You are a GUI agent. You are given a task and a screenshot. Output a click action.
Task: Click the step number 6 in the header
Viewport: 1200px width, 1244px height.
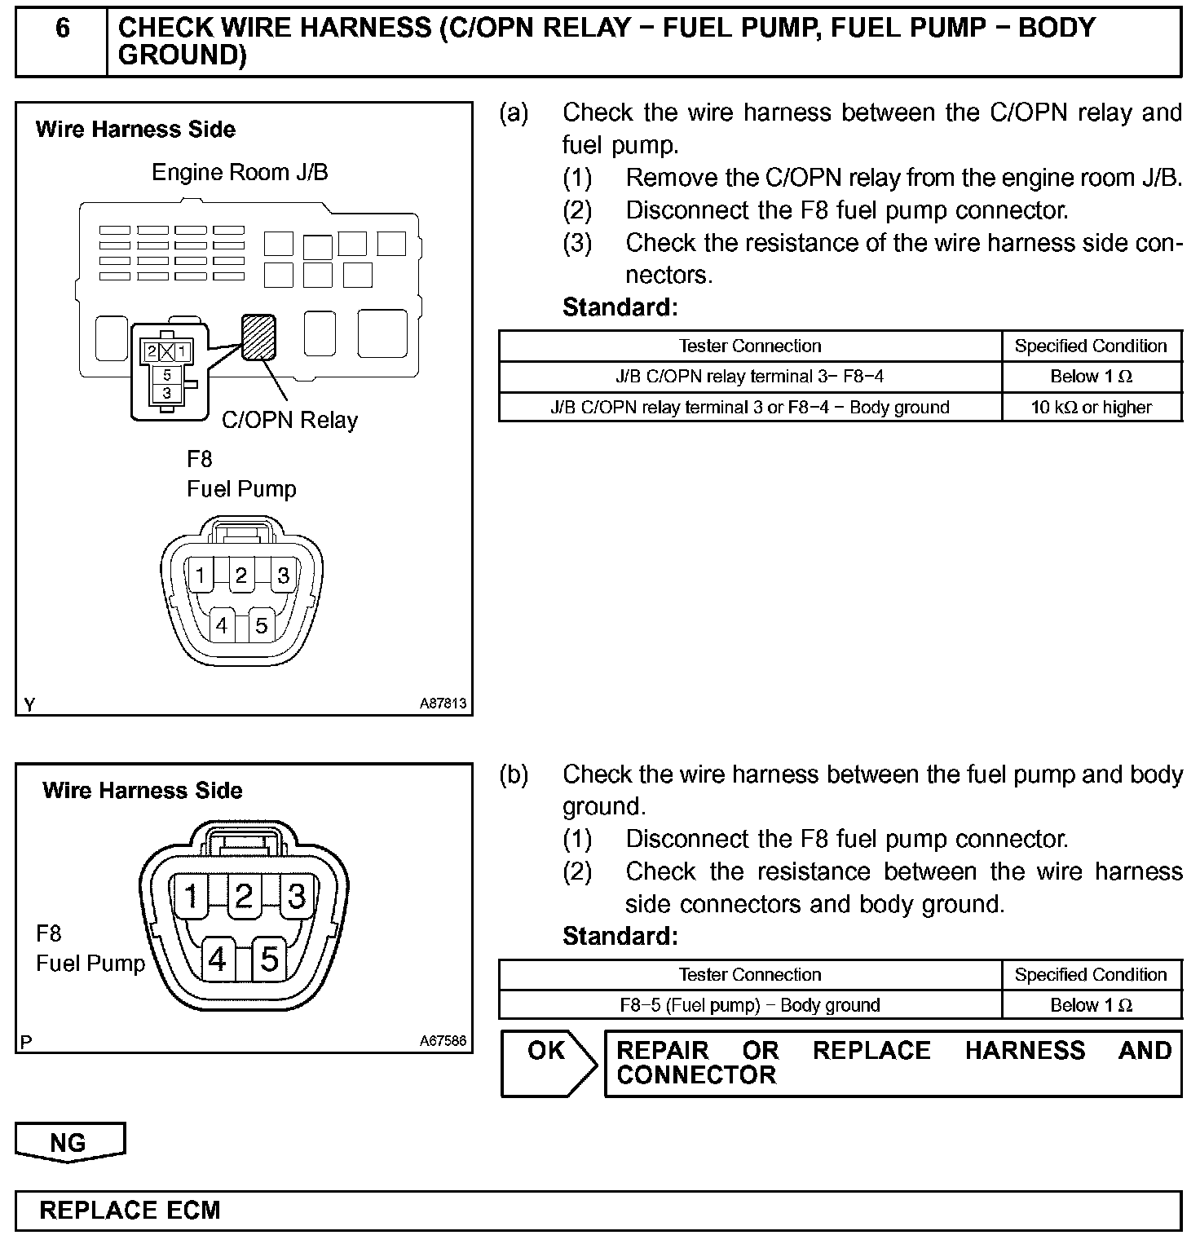62,29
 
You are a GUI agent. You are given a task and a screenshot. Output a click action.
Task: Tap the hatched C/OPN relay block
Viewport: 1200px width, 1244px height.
258,337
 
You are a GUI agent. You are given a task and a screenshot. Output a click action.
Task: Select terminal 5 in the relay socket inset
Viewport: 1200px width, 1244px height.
167,375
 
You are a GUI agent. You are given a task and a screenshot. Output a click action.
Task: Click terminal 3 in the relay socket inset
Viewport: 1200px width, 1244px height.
167,393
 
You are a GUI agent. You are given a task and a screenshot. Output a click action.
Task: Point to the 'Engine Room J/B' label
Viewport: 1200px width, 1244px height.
240,173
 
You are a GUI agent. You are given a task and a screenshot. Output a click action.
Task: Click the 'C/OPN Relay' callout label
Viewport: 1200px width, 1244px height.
289,421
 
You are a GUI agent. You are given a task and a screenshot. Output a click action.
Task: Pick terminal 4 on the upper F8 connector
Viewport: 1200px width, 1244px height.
222,625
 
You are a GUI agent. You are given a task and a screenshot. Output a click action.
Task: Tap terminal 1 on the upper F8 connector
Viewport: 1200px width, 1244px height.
200,576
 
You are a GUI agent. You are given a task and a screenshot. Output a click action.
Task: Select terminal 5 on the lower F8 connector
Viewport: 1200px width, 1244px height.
270,959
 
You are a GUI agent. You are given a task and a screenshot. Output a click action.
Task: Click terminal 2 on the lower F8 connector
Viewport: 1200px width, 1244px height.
243,896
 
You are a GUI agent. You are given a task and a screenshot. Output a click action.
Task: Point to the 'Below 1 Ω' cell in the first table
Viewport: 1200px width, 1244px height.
1091,377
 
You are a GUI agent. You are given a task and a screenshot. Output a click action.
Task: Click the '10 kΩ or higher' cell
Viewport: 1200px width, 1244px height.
1091,407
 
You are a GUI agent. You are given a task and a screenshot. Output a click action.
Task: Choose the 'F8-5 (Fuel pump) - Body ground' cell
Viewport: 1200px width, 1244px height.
749,1005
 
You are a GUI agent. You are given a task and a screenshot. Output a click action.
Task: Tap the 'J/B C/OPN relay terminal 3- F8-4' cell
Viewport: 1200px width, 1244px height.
749,377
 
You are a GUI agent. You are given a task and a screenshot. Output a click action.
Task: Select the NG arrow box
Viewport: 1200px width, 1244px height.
68,1142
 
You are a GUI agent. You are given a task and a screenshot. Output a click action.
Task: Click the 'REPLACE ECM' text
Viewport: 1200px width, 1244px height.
130,1210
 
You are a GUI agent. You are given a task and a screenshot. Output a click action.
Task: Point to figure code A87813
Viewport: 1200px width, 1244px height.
443,703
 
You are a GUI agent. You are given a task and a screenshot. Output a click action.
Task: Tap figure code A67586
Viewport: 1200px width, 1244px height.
443,1041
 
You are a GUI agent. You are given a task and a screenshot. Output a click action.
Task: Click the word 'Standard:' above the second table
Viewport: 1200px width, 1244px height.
620,937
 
